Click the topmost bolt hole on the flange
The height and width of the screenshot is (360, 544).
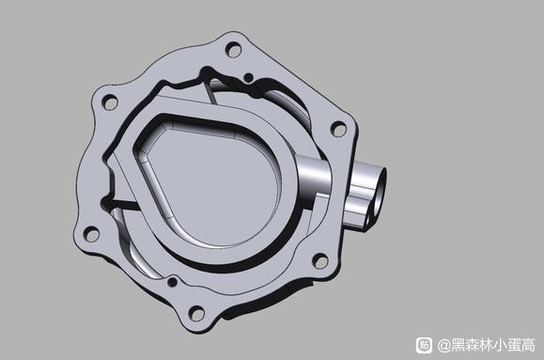(x=234, y=50)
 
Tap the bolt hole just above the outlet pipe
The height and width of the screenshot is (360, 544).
(x=338, y=129)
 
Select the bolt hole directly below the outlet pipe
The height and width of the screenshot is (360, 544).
(x=319, y=260)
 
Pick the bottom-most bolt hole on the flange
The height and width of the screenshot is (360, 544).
(x=196, y=314)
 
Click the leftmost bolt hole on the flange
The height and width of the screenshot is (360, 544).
(x=91, y=234)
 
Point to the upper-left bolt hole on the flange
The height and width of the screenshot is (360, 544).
(x=110, y=102)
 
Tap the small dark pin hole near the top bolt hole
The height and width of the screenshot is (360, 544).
(x=248, y=77)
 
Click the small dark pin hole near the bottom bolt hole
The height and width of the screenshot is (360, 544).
(x=173, y=282)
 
